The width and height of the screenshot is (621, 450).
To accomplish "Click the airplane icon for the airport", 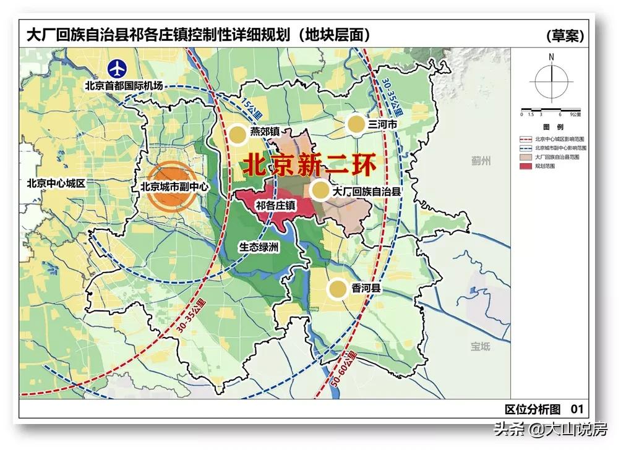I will pyautogui.click(x=117, y=69).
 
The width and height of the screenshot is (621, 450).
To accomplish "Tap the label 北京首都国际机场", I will pyautogui.click(x=124, y=85).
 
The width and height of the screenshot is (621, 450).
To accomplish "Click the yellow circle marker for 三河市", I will pyautogui.click(x=355, y=124).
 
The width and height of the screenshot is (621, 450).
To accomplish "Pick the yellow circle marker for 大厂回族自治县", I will pyautogui.click(x=319, y=191).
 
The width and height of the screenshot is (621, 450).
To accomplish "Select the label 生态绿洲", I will pyautogui.click(x=260, y=247).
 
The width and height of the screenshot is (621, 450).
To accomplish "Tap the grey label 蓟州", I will pyautogui.click(x=480, y=161).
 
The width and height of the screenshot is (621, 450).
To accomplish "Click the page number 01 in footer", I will pyautogui.click(x=576, y=408).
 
